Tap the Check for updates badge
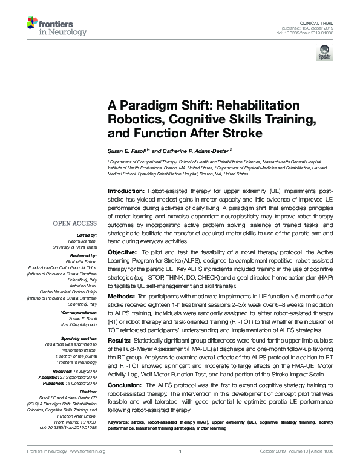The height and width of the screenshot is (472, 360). [x=324, y=53]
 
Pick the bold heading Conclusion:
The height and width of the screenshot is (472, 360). [x=125, y=385]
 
